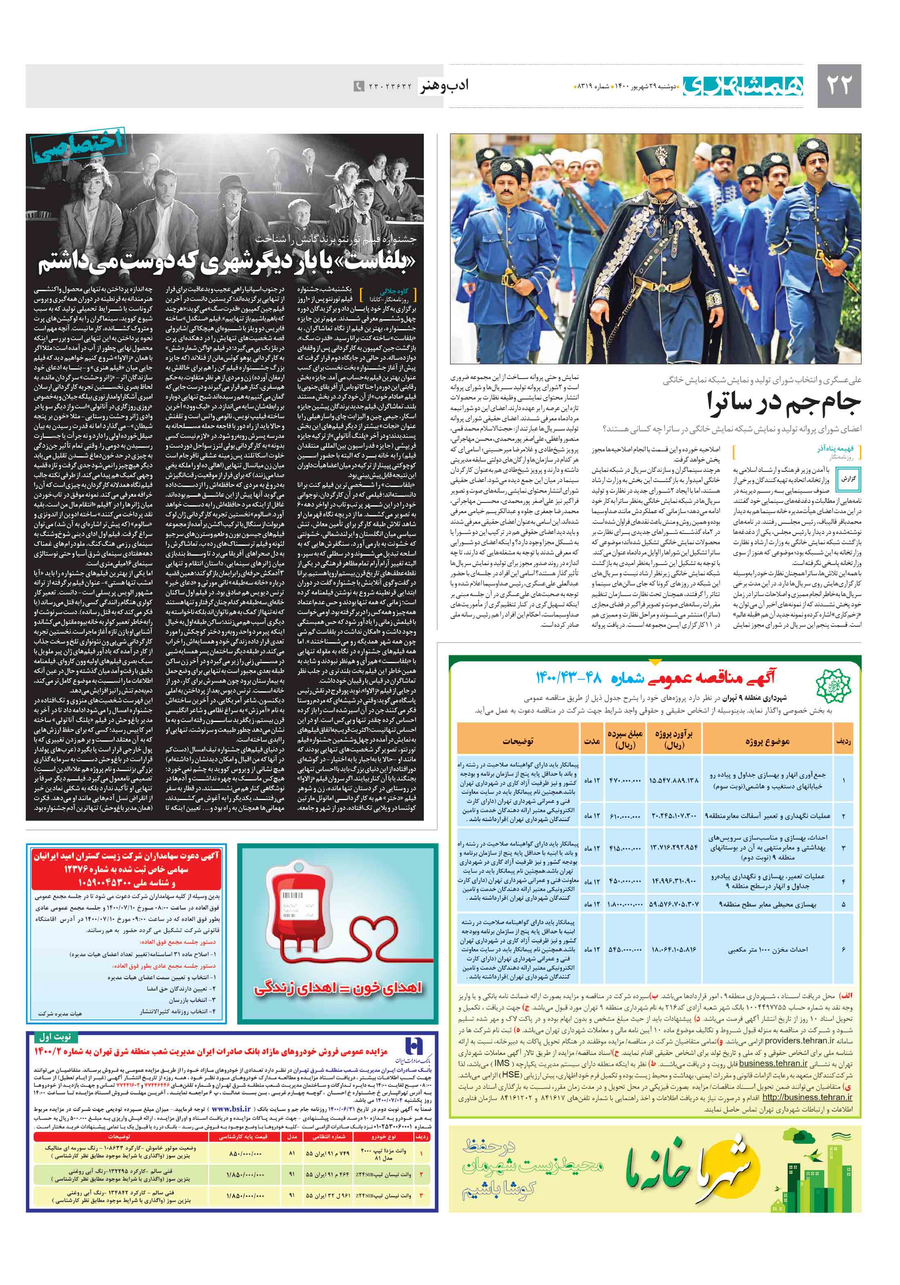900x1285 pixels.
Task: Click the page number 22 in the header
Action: pos(838,85)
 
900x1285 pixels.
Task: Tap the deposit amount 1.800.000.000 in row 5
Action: pos(624,904)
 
